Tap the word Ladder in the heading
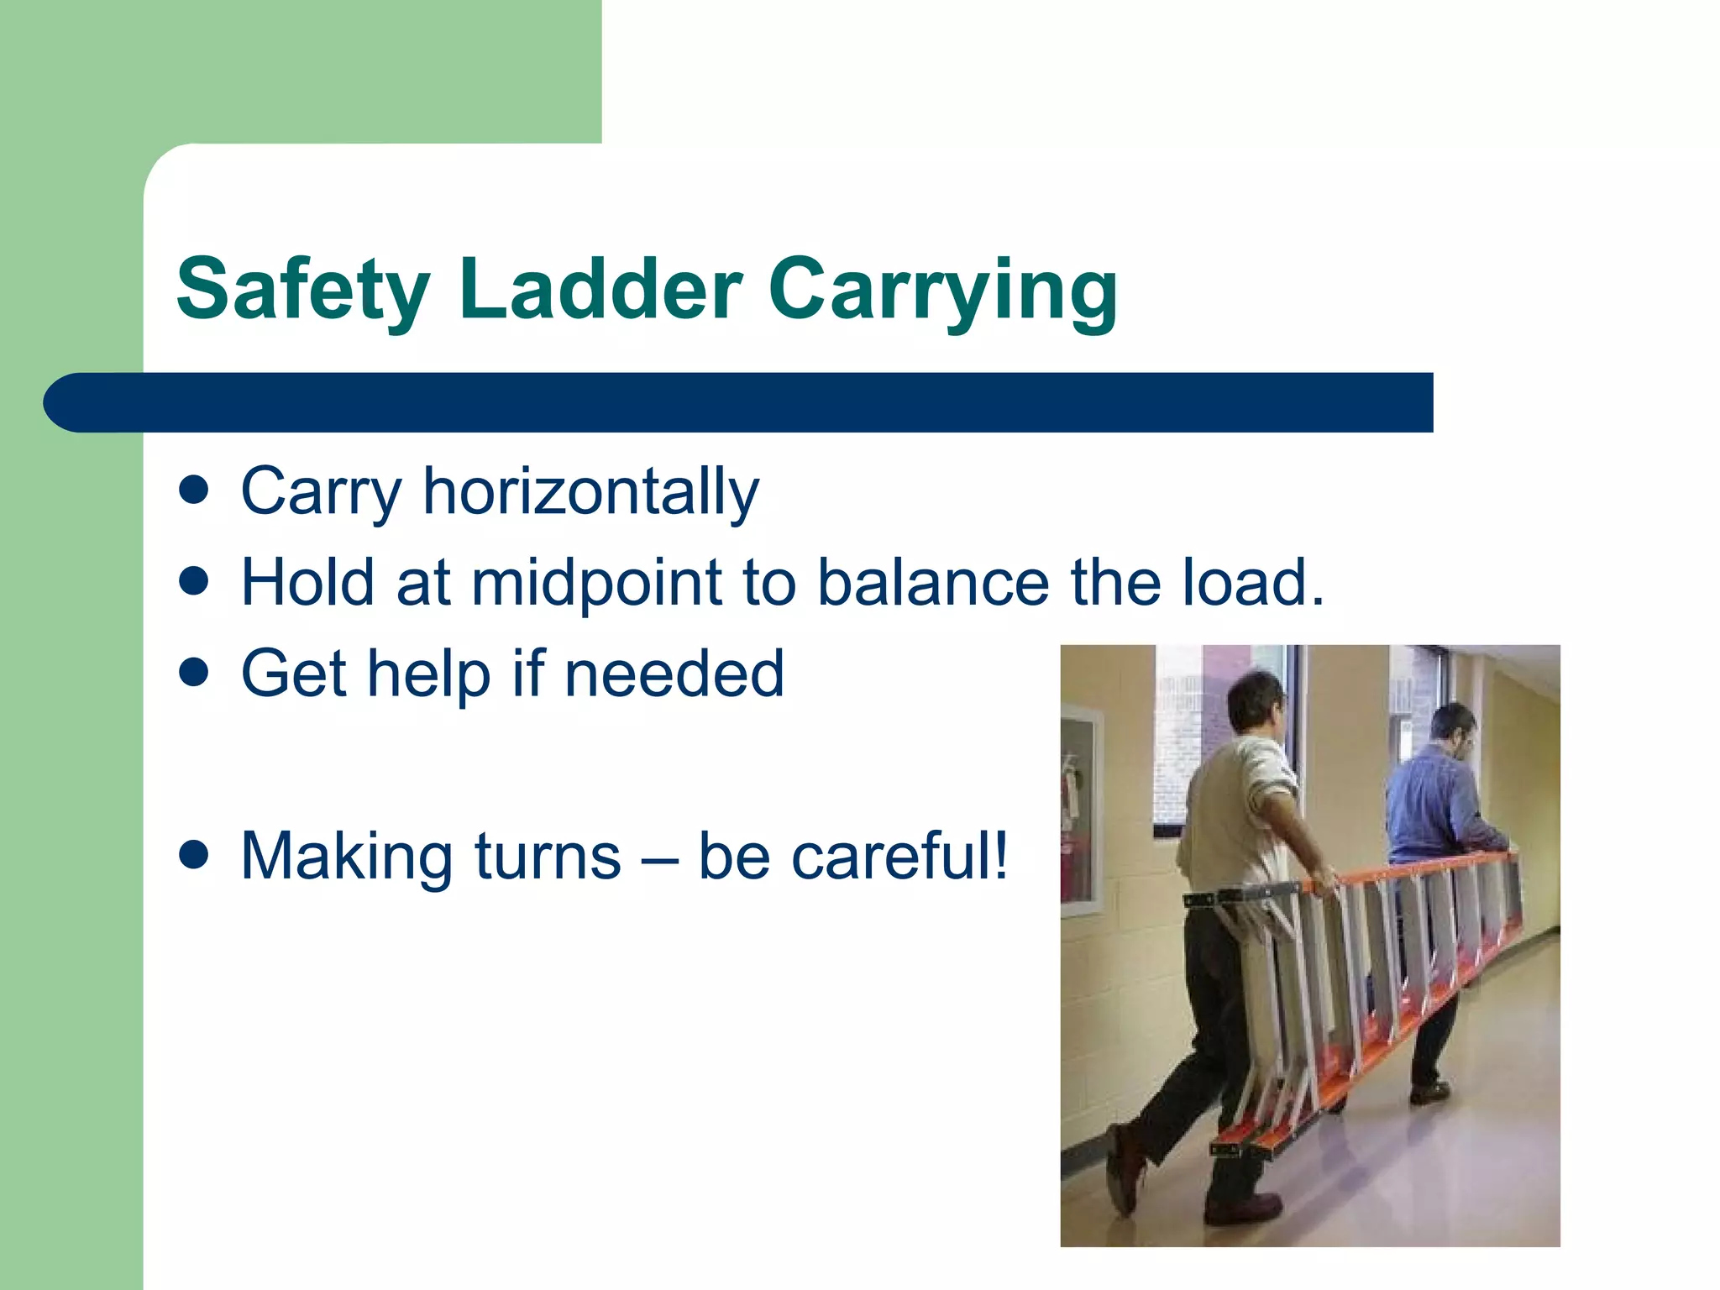point(600,290)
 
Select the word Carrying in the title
point(942,290)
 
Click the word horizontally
point(590,492)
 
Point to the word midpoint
point(597,583)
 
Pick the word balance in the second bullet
point(933,583)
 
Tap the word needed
point(674,674)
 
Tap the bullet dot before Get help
point(194,672)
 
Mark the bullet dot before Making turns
point(194,855)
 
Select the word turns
point(548,857)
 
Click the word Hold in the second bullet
point(306,583)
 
